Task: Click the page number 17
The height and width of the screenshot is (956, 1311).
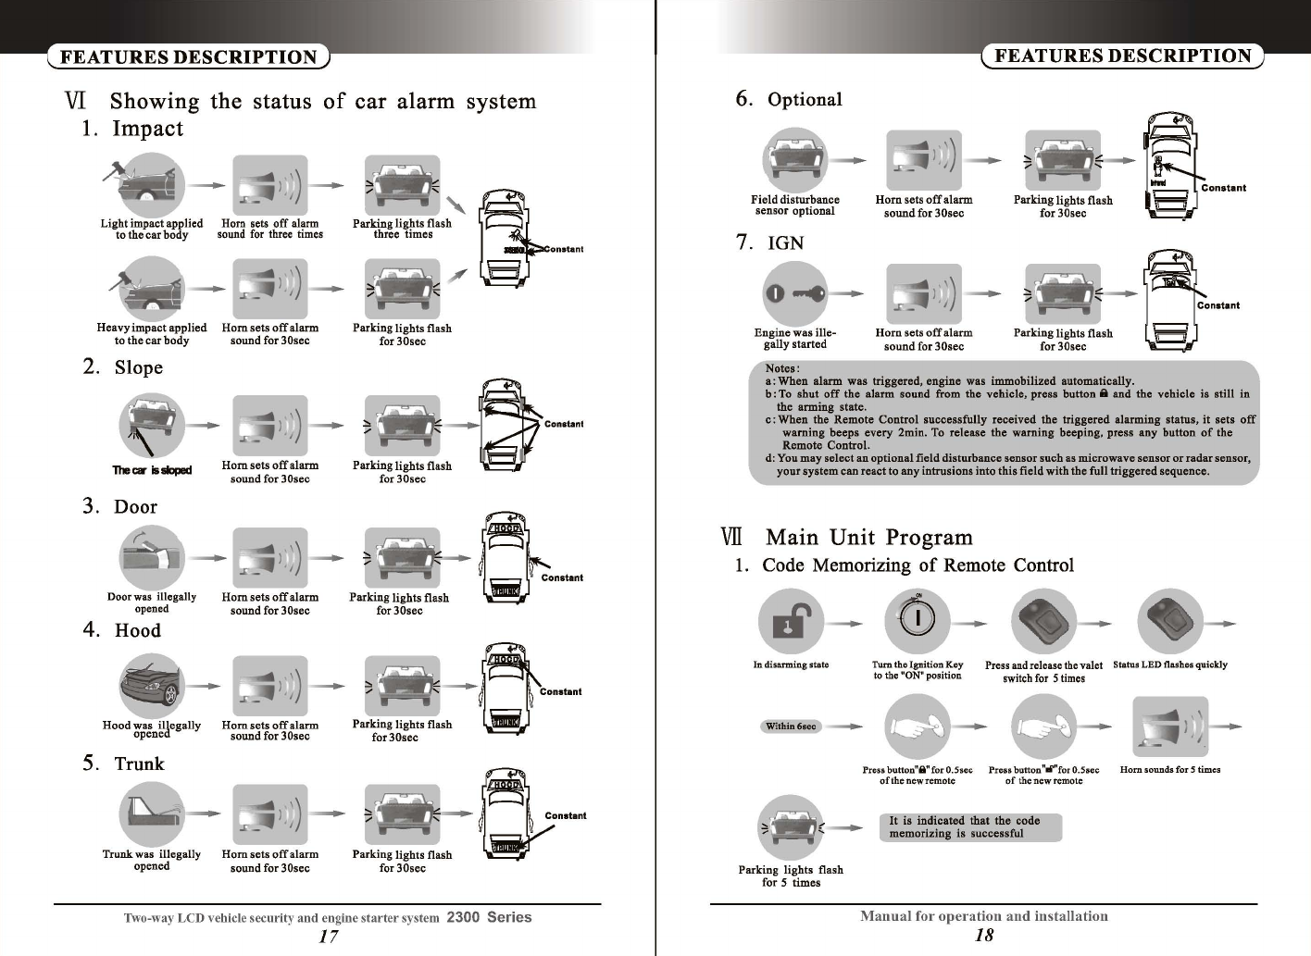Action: pyautogui.click(x=328, y=936)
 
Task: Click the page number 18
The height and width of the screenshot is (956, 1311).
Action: pyautogui.click(x=984, y=935)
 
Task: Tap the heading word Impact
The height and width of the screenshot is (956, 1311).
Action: pyautogui.click(x=147, y=129)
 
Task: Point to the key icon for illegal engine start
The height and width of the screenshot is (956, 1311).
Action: pyautogui.click(x=795, y=294)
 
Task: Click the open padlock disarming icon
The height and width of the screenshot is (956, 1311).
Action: pyautogui.click(x=791, y=622)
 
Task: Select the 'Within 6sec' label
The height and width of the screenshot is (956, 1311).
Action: pyautogui.click(x=791, y=726)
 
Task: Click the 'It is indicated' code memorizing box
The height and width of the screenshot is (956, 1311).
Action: pyautogui.click(x=969, y=827)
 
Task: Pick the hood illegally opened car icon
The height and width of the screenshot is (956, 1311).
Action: pyautogui.click(x=152, y=686)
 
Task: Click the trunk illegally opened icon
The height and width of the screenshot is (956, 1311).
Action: pyautogui.click(x=152, y=815)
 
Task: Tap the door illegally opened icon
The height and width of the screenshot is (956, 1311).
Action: pyautogui.click(x=152, y=558)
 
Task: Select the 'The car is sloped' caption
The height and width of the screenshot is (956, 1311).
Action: pyautogui.click(x=152, y=470)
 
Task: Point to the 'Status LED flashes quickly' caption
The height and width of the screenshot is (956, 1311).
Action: pyautogui.click(x=1169, y=664)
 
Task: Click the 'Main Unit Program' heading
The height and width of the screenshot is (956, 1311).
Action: pyautogui.click(x=868, y=538)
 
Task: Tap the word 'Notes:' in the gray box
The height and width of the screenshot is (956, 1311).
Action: pyautogui.click(x=782, y=368)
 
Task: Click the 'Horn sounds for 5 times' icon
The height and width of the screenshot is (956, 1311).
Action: pyautogui.click(x=1169, y=726)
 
